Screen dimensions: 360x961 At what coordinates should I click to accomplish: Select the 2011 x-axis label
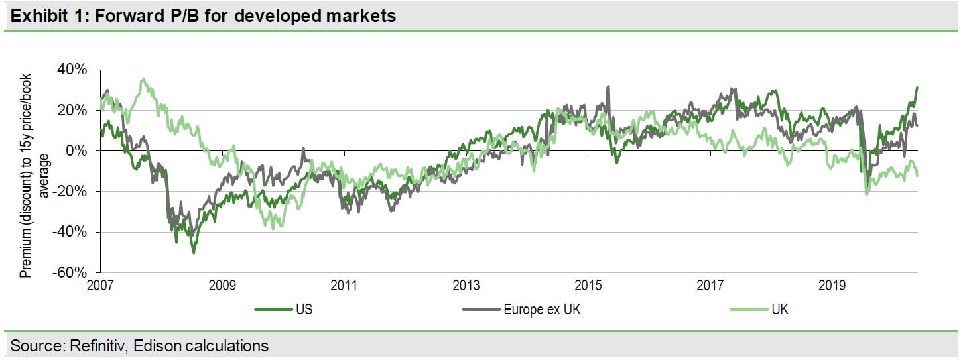[x=344, y=286]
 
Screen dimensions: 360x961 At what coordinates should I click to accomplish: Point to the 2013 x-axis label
[x=466, y=286]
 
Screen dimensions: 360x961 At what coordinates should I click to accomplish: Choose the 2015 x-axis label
[x=588, y=286]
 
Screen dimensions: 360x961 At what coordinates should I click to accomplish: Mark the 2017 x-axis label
[x=710, y=286]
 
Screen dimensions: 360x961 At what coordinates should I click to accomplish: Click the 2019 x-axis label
[x=832, y=286]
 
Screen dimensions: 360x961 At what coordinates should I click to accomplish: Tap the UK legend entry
[x=780, y=309]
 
